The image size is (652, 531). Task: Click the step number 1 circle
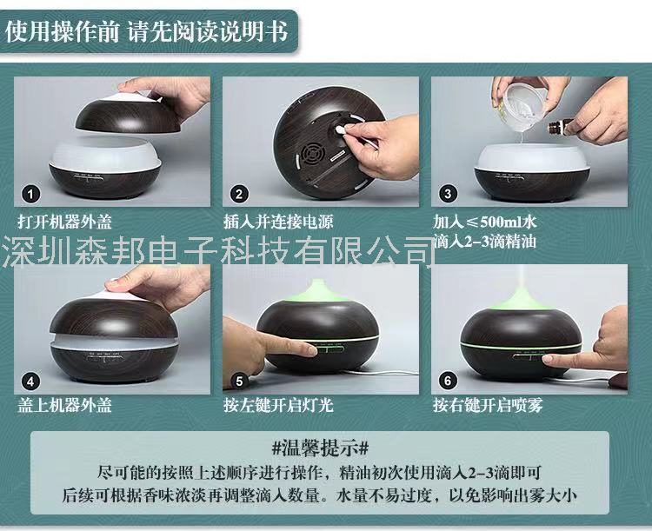(30, 194)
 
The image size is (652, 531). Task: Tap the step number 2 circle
(239, 194)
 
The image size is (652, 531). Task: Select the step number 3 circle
(448, 194)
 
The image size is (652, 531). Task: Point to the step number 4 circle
(30, 382)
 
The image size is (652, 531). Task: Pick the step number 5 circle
(239, 382)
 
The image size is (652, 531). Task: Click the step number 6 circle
(448, 381)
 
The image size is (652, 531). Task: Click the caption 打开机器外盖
(65, 222)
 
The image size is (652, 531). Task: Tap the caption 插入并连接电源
(278, 222)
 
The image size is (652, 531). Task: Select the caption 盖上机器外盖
(65, 405)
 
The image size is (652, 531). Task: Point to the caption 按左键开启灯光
(278, 405)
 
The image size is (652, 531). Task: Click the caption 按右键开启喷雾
(488, 405)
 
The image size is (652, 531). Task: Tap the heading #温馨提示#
(320, 448)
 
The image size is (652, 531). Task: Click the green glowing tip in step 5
(318, 290)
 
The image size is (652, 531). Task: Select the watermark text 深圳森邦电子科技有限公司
(219, 251)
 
